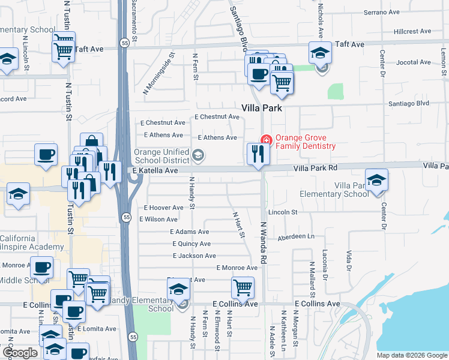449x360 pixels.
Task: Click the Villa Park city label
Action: point(261,109)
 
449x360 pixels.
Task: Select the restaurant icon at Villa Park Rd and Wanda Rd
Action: point(259,154)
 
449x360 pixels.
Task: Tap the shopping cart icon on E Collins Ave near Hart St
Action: point(243,287)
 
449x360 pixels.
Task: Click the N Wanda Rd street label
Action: point(263,243)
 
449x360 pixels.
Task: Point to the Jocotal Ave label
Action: point(414,62)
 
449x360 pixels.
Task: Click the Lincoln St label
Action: point(283,212)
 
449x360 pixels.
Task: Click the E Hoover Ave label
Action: point(164,208)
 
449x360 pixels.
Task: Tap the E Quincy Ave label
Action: point(191,244)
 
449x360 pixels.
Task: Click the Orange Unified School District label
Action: point(162,156)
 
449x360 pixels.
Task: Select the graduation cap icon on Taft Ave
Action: point(320,53)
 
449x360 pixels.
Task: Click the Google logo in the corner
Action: point(20,353)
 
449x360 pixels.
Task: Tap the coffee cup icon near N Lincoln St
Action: point(46,155)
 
